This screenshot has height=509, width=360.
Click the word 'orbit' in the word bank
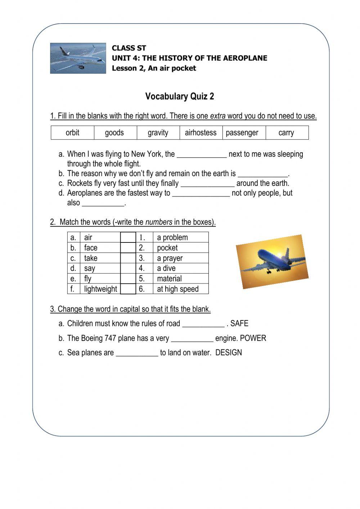(72, 133)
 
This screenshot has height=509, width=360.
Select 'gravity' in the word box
(158, 133)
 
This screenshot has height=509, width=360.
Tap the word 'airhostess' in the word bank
(201, 133)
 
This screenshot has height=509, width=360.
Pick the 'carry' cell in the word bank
(286, 133)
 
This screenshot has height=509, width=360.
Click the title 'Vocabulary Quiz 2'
(180, 96)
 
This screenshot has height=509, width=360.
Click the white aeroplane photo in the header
(78, 58)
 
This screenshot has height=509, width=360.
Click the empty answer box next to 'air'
(128, 237)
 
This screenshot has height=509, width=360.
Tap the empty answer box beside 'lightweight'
(128, 289)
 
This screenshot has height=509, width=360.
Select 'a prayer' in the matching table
(170, 258)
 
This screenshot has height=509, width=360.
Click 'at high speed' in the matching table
(177, 289)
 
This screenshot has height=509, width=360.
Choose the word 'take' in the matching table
(91, 258)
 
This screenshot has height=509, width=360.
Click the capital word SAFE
(239, 323)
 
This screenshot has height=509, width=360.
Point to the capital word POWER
(253, 338)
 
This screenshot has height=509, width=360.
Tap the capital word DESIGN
(229, 353)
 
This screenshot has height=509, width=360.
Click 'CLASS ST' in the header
(129, 48)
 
